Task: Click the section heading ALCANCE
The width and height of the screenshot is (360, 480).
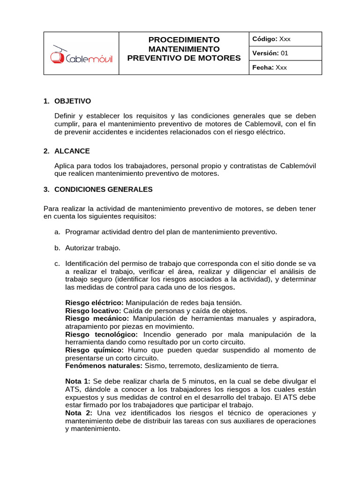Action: click(72, 151)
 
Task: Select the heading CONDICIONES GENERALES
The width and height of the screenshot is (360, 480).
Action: click(104, 190)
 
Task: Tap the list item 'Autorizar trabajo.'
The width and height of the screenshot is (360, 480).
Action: click(93, 247)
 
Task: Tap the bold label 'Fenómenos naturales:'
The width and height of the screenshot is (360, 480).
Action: click(104, 366)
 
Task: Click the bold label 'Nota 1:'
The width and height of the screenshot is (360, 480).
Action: click(78, 381)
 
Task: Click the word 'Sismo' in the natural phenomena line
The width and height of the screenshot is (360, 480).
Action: click(155, 366)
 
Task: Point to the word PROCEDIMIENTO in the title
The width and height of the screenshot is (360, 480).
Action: click(184, 39)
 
